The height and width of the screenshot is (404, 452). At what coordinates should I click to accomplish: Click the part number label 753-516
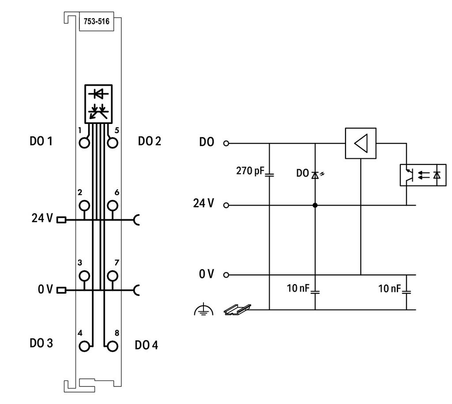click(x=97, y=21)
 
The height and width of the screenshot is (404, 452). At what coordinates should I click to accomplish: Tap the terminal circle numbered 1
click(x=84, y=143)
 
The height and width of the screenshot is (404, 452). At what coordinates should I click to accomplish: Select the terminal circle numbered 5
click(x=113, y=143)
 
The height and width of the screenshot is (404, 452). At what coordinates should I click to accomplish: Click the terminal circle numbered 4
click(x=84, y=346)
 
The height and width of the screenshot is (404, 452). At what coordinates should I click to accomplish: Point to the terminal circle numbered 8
click(x=113, y=346)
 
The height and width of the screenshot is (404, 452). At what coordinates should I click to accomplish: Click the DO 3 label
click(x=41, y=343)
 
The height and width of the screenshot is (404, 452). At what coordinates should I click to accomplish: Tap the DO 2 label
click(x=150, y=141)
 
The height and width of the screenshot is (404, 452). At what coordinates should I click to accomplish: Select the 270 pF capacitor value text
click(x=250, y=171)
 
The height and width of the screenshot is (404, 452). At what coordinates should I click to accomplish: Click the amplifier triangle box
click(x=361, y=143)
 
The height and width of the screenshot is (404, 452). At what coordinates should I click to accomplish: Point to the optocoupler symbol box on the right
click(x=423, y=175)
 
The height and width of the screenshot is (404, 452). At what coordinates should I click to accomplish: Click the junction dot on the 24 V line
click(x=315, y=206)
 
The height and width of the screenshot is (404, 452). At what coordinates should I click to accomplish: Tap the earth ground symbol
click(x=203, y=310)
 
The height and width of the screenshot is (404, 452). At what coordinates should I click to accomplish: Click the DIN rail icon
click(x=237, y=310)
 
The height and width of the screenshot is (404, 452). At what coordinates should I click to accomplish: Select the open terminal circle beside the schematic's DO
click(x=226, y=143)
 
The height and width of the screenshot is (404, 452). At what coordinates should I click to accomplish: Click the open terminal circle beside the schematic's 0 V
click(x=226, y=275)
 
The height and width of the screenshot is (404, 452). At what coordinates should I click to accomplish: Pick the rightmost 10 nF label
click(x=389, y=288)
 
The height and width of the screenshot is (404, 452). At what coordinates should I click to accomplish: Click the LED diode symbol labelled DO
click(x=315, y=175)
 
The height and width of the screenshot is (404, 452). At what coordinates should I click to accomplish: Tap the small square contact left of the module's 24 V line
click(x=61, y=220)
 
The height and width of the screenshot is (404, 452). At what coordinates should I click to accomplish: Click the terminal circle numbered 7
click(x=113, y=276)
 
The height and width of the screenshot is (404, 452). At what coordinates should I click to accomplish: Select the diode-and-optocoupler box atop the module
click(x=98, y=104)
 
